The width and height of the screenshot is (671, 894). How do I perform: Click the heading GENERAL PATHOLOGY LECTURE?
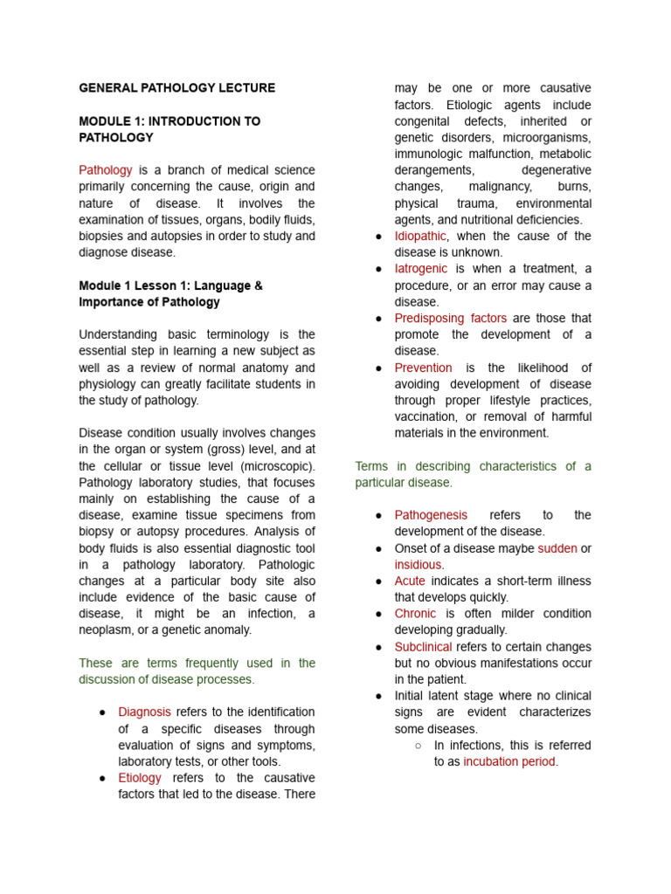point(176,88)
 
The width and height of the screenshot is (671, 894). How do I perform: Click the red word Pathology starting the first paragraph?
point(106,170)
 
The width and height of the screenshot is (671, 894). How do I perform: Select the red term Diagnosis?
point(144,712)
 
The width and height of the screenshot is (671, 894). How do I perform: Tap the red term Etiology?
point(140,778)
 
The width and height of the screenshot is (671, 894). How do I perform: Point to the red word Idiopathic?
point(420,237)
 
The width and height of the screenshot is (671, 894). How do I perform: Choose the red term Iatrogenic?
point(421,269)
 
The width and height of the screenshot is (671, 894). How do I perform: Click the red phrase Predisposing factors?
point(450,319)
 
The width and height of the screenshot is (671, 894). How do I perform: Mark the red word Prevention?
point(424,368)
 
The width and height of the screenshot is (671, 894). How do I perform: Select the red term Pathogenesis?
point(431,515)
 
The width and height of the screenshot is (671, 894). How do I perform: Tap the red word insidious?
point(418,565)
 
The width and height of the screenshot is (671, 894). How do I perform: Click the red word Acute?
point(410,581)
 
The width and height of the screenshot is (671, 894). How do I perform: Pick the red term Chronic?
point(415,614)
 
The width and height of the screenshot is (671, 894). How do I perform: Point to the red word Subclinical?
point(423,647)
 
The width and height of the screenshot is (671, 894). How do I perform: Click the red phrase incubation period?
point(509,761)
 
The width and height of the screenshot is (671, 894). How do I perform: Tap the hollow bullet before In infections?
point(418,746)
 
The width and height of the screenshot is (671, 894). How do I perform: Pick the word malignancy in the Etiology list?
point(501,187)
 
